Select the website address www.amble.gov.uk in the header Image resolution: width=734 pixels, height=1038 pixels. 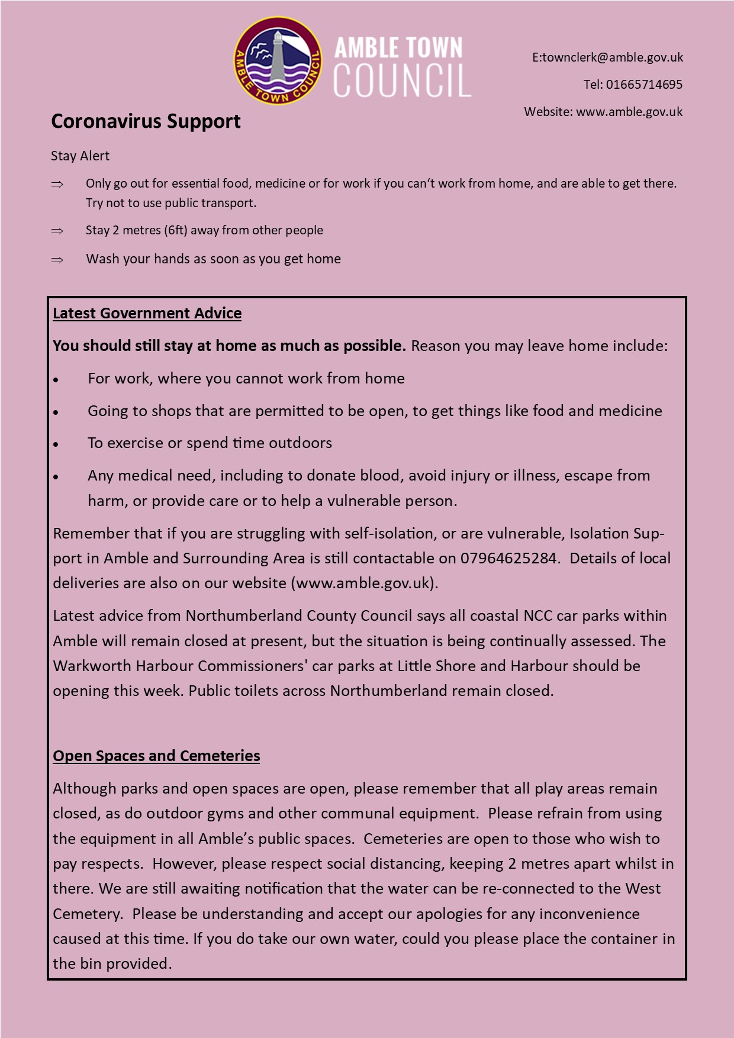(629, 112)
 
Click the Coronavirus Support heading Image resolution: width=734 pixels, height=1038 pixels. (146, 121)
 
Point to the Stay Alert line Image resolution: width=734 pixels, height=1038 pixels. (80, 156)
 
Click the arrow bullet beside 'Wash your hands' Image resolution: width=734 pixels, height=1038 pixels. (57, 260)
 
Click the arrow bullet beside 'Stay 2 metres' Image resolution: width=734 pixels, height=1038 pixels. (57, 231)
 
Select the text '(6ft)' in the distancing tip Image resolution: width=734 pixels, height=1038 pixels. (176, 230)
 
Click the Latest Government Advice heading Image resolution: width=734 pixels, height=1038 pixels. (147, 313)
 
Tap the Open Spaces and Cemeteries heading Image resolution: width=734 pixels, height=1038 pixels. (156, 756)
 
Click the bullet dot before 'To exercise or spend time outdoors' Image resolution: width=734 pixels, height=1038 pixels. (56, 444)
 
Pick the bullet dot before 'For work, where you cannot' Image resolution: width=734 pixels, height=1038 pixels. (56, 380)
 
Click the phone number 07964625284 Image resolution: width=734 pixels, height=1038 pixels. (508, 558)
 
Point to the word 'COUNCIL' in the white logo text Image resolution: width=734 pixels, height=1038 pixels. (402, 80)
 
